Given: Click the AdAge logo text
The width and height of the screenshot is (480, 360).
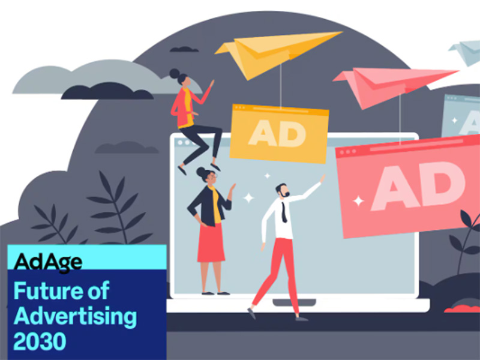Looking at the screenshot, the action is pos(48,262).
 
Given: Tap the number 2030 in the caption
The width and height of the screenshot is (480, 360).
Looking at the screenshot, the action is pos(40,341).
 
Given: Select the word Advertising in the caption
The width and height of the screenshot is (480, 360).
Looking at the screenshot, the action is pos(75,317).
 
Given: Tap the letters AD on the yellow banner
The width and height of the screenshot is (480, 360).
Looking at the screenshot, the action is pos(277,133).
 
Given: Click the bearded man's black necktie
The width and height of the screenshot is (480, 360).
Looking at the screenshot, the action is pos(284,212).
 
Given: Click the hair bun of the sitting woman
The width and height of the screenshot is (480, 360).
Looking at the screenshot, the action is pos(175,73).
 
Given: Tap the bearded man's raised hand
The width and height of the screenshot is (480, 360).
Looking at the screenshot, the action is pos(322,178).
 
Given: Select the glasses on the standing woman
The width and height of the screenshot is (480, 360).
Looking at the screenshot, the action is pos(213,176).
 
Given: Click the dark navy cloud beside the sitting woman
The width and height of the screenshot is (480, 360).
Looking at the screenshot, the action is pos(107,91).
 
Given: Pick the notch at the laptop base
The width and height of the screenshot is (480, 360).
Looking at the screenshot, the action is pos(294,302).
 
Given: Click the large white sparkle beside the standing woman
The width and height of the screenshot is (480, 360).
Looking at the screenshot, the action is pos(248,198).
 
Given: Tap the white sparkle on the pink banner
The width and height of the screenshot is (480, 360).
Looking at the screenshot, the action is pos(358,201).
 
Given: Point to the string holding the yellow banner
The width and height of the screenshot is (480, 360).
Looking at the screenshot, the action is pos(280,86).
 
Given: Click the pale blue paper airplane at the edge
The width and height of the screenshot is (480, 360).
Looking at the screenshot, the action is pos(465,53).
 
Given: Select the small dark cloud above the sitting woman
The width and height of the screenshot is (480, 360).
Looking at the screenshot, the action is pos(184,49).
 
